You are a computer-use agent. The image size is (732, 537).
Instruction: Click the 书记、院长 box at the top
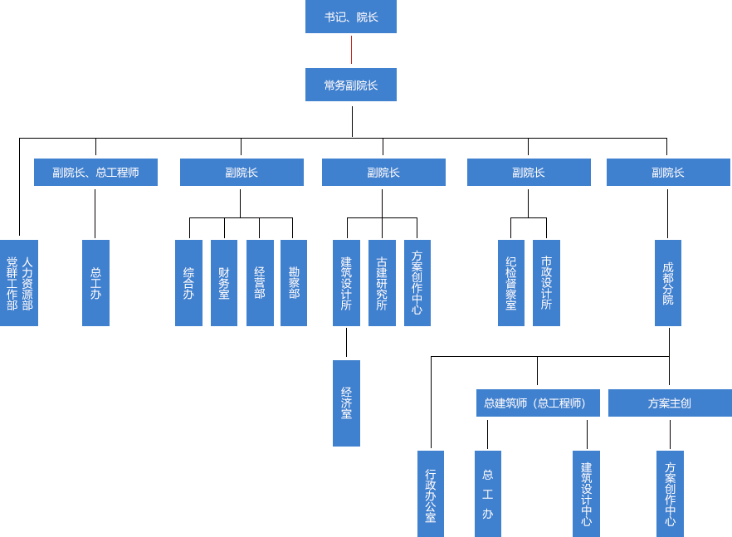pos(350,17)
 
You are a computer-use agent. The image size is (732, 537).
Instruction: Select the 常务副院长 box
pos(350,85)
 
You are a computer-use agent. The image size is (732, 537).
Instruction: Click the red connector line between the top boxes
pos(351,51)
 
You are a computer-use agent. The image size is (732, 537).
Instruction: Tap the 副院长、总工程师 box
pos(95,172)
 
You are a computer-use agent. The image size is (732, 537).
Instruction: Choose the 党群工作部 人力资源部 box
pos(20,282)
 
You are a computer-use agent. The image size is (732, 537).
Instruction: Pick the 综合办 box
pos(188,282)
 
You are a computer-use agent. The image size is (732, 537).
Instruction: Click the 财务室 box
pos(224,282)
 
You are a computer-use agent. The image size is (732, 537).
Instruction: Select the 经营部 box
pos(260,282)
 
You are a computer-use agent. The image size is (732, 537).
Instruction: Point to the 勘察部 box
pos(294,282)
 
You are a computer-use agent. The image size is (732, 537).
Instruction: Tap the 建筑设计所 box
pos(346,282)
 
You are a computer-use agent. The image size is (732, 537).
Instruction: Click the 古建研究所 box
pos(382,282)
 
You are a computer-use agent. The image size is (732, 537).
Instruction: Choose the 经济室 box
pos(346,403)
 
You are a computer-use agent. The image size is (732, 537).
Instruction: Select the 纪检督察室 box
pos(511,282)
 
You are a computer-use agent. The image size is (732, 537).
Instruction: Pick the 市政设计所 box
pos(546,282)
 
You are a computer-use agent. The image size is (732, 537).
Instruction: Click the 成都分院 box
pos(668,282)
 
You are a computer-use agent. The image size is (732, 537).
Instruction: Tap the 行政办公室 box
pos(431,493)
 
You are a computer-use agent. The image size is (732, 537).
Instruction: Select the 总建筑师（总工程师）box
pos(535,403)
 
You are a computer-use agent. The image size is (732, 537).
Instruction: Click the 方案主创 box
pos(669,403)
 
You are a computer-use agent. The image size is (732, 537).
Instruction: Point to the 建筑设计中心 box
pos(586,493)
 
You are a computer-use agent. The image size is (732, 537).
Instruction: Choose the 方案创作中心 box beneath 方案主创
pos(670,493)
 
